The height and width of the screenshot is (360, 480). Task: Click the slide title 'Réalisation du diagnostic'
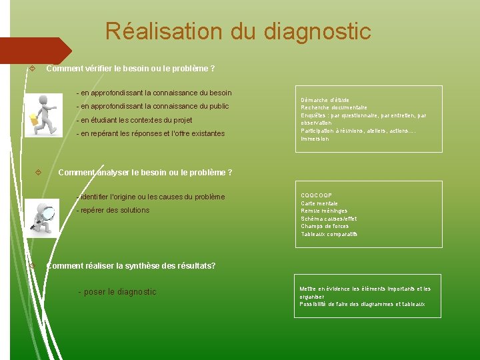coord(238,31)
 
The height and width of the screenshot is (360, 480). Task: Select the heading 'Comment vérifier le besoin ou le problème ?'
coord(130,69)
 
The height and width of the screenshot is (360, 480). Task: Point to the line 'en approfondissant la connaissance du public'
coord(153,107)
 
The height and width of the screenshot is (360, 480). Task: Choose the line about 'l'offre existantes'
coord(151,134)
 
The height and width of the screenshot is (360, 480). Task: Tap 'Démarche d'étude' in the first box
coord(325,100)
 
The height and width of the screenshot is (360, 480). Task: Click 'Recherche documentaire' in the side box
coord(334,107)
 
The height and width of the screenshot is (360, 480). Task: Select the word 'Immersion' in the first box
coord(315,139)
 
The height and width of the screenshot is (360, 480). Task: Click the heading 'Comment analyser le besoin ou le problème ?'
coord(145,173)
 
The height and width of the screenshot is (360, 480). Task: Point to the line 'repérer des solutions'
coord(113,211)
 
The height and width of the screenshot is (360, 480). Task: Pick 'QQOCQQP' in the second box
coord(316,195)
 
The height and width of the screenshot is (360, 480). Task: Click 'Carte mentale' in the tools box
coord(319,203)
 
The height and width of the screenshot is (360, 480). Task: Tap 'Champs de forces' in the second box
coord(325,227)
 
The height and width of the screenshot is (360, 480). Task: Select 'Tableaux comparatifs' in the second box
coord(329,234)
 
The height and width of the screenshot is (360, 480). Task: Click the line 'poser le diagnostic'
coord(117,292)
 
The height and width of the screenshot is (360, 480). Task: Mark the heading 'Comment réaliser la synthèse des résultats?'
coord(131,266)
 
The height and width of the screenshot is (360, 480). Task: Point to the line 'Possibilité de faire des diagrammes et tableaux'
coord(362,305)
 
